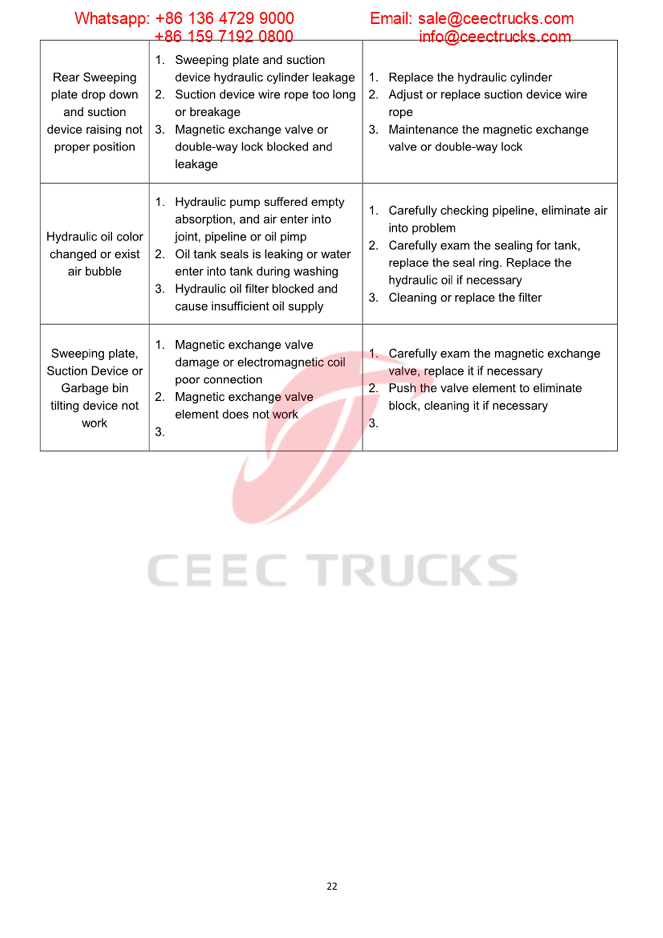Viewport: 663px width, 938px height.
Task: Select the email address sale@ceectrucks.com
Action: [496, 18]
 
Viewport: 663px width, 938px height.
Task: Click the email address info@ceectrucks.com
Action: [494, 37]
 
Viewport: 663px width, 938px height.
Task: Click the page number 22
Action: [332, 886]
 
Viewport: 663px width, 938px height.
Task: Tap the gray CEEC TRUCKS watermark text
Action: [332, 570]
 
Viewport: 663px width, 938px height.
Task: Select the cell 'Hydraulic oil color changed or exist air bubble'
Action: [94, 254]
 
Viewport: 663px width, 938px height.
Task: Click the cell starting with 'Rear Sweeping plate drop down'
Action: [94, 112]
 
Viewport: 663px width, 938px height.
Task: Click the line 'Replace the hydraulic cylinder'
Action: [470, 77]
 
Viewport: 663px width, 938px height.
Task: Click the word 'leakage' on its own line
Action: [196, 164]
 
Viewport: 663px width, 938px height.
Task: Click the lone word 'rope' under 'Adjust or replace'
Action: [400, 112]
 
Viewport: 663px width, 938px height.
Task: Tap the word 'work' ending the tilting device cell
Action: [94, 423]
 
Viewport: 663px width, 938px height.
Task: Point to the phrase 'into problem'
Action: [422, 228]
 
